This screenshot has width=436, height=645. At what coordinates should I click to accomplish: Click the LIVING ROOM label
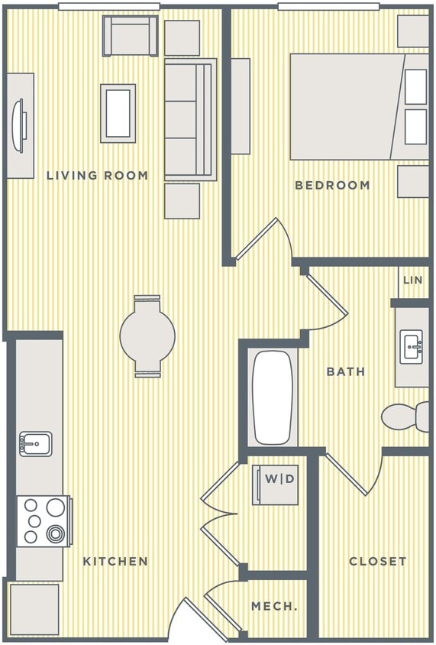click(x=97, y=175)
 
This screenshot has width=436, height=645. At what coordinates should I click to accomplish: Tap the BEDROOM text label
click(x=332, y=185)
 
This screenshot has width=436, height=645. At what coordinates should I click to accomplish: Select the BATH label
click(x=345, y=371)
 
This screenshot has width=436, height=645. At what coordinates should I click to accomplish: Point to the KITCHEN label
click(x=115, y=561)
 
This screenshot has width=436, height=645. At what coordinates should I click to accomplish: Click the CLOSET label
click(x=377, y=561)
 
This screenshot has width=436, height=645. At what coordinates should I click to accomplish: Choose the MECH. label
click(x=274, y=606)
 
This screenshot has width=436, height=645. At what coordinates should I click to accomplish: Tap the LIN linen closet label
click(x=412, y=280)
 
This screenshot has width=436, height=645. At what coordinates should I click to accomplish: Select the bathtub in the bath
click(x=272, y=397)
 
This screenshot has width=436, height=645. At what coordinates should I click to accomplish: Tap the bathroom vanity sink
click(x=412, y=346)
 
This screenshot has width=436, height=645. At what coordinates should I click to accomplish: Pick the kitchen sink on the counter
click(x=35, y=443)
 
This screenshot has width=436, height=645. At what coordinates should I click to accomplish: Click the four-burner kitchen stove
click(x=44, y=520)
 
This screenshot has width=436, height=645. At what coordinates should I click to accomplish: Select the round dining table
click(x=147, y=335)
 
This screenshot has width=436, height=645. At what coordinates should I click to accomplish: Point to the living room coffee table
click(x=118, y=112)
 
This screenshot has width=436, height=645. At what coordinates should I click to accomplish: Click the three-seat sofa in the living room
click(x=190, y=120)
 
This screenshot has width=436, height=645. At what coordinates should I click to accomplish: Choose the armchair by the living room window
click(x=131, y=36)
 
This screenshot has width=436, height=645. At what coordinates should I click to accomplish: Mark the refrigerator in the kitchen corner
click(x=34, y=609)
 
